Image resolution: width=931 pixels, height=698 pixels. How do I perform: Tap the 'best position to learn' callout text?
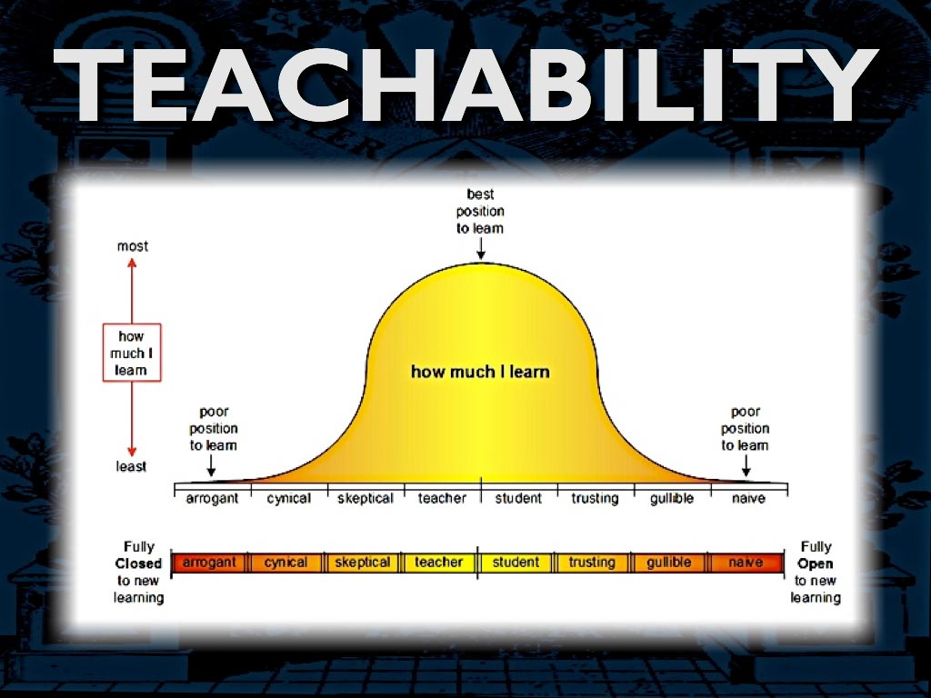click(x=480, y=211)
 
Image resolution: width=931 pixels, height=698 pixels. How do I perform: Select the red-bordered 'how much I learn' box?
click(x=132, y=353)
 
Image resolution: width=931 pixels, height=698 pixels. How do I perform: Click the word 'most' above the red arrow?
click(x=133, y=245)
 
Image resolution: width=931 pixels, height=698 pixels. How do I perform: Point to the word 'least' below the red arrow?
click(x=131, y=466)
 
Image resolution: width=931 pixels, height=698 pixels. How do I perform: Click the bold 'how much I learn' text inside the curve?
click(x=480, y=372)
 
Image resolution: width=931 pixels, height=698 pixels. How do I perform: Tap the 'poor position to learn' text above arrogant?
click(x=213, y=429)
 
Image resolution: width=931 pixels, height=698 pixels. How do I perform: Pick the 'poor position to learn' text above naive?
click(x=746, y=429)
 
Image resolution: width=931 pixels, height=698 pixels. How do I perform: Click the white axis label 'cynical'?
click(x=288, y=499)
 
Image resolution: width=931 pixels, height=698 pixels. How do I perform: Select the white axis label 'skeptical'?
click(x=365, y=499)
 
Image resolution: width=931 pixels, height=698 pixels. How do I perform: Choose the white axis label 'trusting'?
click(x=595, y=499)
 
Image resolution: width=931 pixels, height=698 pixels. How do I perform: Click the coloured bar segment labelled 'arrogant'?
click(x=210, y=563)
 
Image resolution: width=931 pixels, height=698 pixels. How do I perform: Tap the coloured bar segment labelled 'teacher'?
click(x=439, y=563)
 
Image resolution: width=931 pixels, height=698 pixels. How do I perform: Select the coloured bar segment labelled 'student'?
click(x=516, y=563)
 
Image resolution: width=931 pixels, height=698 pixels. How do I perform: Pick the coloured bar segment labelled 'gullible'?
click(x=668, y=563)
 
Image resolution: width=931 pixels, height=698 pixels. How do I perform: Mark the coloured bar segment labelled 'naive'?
click(x=746, y=563)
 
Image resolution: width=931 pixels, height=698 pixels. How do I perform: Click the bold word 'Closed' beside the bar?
click(x=138, y=563)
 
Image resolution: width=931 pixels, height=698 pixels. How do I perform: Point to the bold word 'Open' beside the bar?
click(x=816, y=563)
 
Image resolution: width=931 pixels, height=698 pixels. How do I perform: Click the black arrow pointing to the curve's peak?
click(x=481, y=249)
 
